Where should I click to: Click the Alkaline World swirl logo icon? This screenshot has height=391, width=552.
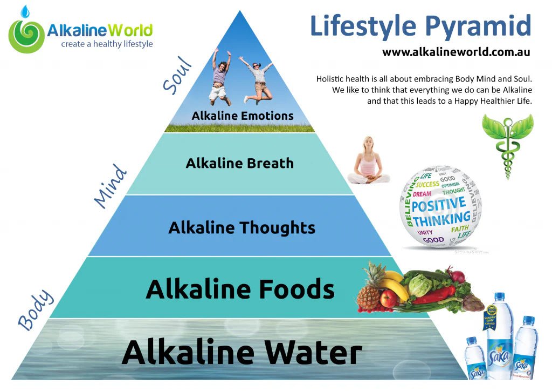click(25, 35)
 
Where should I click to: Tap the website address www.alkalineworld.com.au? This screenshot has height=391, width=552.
click(456, 52)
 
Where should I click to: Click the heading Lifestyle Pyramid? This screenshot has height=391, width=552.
click(420, 25)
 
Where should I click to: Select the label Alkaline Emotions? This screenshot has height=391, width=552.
click(243, 116)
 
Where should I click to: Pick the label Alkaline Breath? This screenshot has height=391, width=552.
click(240, 163)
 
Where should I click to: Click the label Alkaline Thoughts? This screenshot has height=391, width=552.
click(241, 228)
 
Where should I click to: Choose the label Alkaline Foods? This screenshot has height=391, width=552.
click(240, 289)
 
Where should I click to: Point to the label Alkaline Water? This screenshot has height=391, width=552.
click(241, 352)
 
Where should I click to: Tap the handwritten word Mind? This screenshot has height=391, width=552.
click(111, 186)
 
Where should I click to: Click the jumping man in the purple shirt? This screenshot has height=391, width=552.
click(220, 76)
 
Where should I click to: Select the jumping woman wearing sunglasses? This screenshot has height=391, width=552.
click(258, 78)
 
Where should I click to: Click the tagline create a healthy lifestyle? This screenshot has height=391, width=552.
click(107, 44)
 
